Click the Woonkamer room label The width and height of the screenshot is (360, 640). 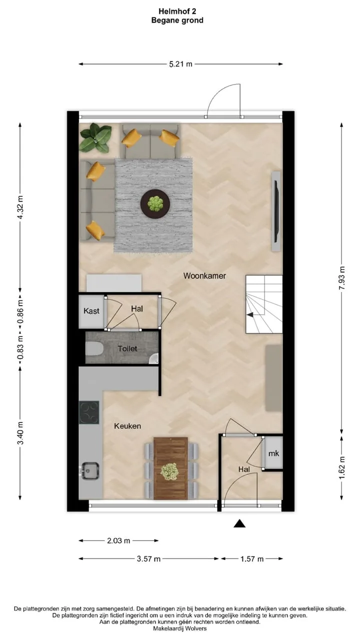(x=204, y=275)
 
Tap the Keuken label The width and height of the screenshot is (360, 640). (x=127, y=426)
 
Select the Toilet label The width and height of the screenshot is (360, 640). (x=127, y=348)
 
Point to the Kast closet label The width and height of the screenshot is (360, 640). (x=91, y=311)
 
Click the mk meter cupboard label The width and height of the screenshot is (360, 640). (x=273, y=453)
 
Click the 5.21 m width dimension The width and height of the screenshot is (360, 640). (x=180, y=64)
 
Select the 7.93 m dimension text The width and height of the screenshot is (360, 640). (x=341, y=278)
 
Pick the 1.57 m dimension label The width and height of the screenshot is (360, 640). (x=251, y=559)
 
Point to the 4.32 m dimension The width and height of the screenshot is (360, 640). (x=20, y=207)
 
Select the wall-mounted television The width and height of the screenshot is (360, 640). (x=276, y=211)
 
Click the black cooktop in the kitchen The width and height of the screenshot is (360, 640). (x=89, y=412)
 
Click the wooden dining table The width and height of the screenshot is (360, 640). (x=170, y=468)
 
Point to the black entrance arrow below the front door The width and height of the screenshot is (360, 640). (x=239, y=523)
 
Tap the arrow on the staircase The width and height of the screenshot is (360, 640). (x=250, y=314)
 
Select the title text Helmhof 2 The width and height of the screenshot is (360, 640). (x=177, y=11)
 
